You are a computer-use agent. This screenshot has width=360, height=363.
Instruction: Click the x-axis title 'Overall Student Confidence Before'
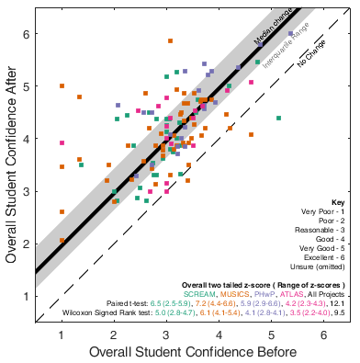192,353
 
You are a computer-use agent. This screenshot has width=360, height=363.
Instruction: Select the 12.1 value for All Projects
338,302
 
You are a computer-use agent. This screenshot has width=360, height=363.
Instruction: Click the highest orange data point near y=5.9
170,41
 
